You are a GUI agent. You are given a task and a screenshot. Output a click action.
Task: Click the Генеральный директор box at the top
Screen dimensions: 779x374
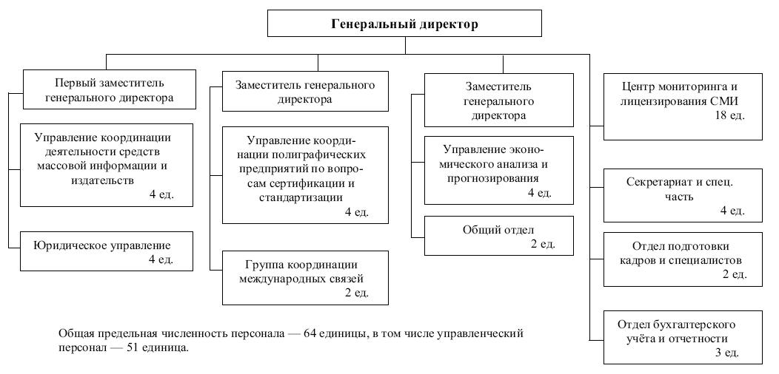coord(404,24)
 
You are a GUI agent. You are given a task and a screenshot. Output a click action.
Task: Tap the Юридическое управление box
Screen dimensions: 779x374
coord(107,251)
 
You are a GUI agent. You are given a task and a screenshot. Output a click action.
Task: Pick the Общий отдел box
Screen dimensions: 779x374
coord(499,236)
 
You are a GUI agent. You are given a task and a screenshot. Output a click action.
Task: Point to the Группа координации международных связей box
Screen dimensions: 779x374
coord(305,277)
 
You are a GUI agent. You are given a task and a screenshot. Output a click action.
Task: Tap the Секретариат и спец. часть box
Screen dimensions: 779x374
coord(683,195)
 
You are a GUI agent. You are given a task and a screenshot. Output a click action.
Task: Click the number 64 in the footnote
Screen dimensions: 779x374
coord(310,333)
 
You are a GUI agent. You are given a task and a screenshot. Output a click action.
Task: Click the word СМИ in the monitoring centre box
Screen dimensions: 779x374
coord(725,102)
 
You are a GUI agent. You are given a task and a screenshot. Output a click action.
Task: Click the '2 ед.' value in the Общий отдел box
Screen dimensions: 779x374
coord(544,244)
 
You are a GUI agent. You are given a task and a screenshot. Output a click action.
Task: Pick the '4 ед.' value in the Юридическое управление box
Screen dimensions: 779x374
coord(161,259)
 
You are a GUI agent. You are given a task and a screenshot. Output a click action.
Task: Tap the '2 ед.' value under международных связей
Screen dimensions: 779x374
coord(357,293)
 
